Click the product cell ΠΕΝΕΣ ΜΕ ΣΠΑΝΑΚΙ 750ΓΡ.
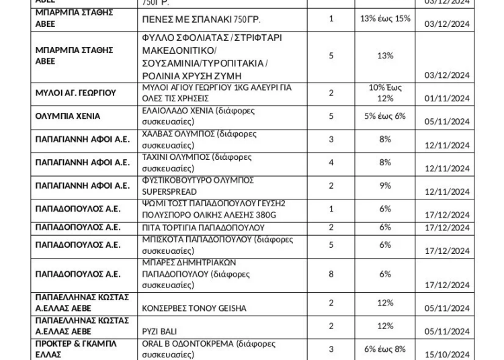click(201, 19)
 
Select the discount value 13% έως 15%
click(385, 18)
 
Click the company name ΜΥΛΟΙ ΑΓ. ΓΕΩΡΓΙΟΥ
click(76, 93)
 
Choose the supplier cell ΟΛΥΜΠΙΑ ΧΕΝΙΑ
click(67, 116)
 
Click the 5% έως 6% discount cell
click(385, 116)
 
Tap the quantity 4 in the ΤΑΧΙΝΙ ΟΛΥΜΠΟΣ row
click(331, 162)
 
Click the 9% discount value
click(385, 185)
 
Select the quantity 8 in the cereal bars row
click(331, 274)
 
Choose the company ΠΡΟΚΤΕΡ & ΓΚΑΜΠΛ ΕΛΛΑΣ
click(76, 349)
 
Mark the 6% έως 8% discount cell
click(385, 349)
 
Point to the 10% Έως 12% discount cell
click(385, 93)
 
